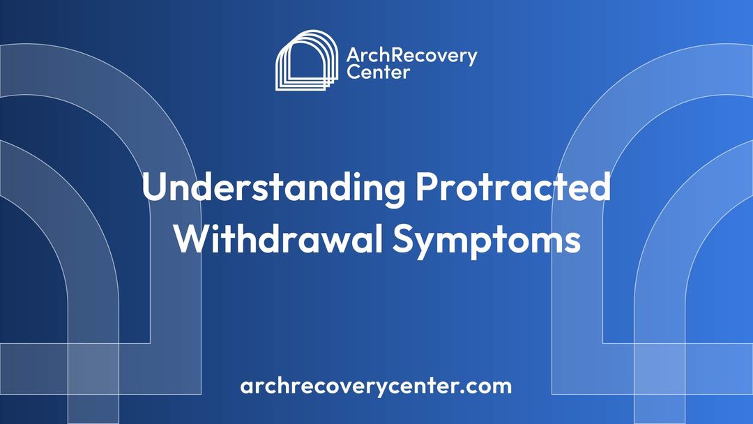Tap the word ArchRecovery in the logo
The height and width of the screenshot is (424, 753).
point(411,56)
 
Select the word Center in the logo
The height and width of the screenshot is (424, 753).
point(378,72)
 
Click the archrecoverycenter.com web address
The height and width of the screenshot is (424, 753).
point(376,386)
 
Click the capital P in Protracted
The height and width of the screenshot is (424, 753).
point(426,188)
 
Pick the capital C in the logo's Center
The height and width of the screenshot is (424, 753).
point(353,72)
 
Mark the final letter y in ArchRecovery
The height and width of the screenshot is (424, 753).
point(472,59)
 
